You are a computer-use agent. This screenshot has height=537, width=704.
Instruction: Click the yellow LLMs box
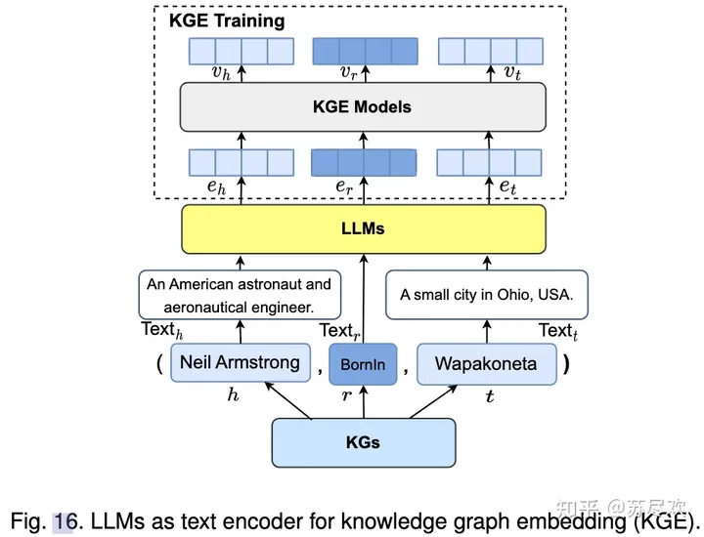click(363, 229)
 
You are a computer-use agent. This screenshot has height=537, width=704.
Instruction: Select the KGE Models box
click(363, 106)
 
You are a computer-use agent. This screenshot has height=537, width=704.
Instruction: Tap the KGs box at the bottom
click(363, 442)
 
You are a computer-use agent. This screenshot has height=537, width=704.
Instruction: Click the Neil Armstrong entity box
click(240, 363)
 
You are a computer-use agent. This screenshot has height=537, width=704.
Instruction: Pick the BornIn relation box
click(363, 365)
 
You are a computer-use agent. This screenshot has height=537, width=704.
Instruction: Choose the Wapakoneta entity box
click(486, 363)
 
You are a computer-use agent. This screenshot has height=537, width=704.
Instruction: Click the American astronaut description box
click(239, 294)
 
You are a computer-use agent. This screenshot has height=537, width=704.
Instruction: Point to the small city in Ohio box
click(487, 294)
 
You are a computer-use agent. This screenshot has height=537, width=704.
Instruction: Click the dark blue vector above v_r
click(364, 51)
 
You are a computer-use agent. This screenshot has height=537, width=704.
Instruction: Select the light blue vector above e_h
click(241, 162)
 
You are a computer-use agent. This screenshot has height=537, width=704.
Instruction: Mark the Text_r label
click(338, 331)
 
